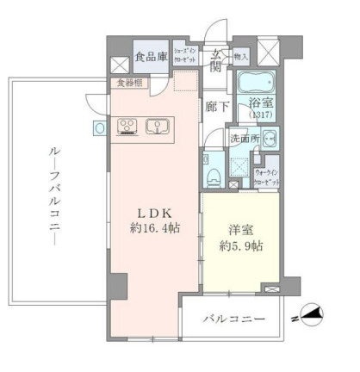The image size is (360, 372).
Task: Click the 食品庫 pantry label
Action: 151,59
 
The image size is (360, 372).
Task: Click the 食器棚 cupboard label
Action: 130,83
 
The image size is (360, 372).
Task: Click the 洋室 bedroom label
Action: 240,230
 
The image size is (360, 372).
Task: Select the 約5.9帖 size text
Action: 240,245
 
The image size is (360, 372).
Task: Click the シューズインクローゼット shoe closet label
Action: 187,54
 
